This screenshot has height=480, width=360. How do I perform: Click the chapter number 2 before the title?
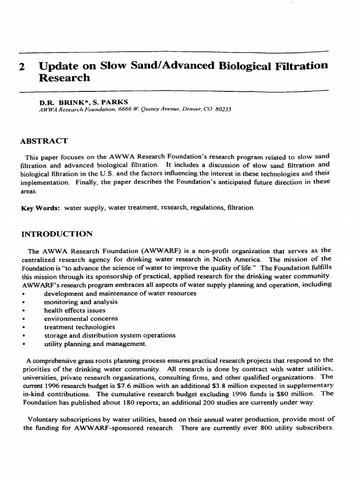(22, 67)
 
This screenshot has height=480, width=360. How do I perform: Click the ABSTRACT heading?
(44, 141)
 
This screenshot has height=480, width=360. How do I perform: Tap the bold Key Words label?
(40, 208)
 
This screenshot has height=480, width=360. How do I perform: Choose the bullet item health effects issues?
(75, 310)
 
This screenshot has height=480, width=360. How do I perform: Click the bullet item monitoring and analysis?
(81, 302)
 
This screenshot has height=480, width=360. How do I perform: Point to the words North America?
(239, 259)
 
